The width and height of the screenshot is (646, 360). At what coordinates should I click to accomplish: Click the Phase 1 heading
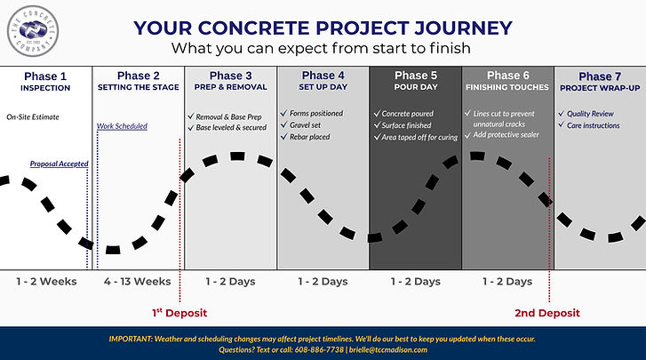[45, 76]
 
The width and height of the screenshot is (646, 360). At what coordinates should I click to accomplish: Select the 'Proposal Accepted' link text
[59, 164]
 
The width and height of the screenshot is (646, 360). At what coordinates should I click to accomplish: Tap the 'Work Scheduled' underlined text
[122, 126]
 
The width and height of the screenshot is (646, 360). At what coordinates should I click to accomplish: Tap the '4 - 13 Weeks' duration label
[138, 282]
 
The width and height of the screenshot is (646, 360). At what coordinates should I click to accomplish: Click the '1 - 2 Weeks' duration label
[45, 282]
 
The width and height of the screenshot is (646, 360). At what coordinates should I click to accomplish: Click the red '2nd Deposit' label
[547, 313]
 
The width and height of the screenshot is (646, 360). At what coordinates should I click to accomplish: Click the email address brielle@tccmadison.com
[393, 350]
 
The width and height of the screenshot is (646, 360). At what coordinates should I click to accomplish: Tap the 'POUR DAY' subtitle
[415, 88]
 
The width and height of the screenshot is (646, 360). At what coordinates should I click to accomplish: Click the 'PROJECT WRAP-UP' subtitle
[600, 88]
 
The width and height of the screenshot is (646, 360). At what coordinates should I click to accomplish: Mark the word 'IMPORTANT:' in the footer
[134, 339]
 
